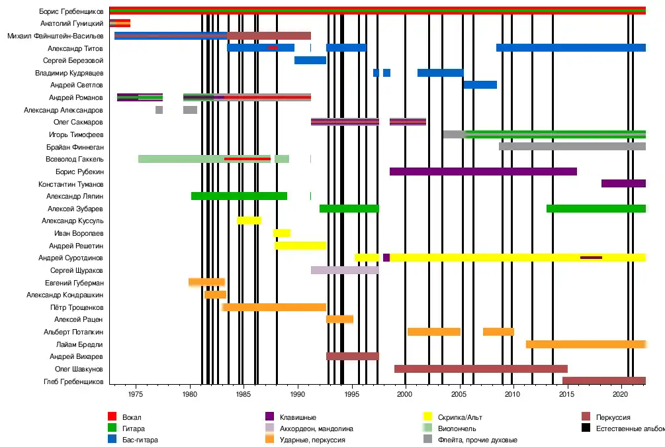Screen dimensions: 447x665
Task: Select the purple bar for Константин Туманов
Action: point(623,183)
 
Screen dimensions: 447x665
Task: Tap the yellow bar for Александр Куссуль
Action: point(249,221)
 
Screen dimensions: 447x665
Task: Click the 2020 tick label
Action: point(620,395)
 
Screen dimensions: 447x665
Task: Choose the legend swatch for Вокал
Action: point(112,417)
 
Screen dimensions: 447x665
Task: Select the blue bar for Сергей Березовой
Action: point(310,60)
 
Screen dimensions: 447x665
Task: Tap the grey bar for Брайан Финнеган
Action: point(572,146)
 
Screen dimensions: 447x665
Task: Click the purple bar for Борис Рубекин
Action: point(483,172)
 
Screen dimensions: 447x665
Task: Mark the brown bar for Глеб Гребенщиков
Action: point(604,381)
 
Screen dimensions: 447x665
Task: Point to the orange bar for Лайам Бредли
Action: point(586,344)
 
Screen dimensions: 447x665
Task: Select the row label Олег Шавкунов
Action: point(79,369)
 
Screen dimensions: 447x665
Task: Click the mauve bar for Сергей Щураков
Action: point(345,270)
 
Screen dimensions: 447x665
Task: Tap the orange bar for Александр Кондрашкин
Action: point(215,295)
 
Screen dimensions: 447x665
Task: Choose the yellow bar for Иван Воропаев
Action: point(282,233)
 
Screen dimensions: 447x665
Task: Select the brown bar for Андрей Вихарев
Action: point(353,356)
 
